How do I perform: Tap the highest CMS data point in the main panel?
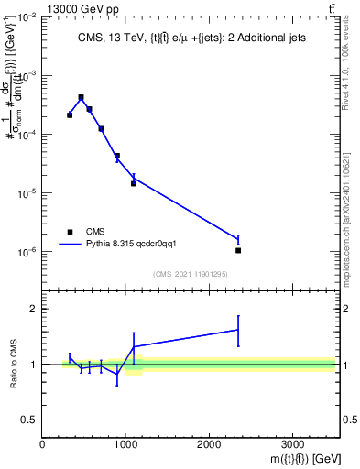coord(81,97)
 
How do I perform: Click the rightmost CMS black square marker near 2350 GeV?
coord(238,250)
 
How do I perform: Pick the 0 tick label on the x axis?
coord(42,444)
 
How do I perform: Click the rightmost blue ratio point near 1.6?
coord(238,330)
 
